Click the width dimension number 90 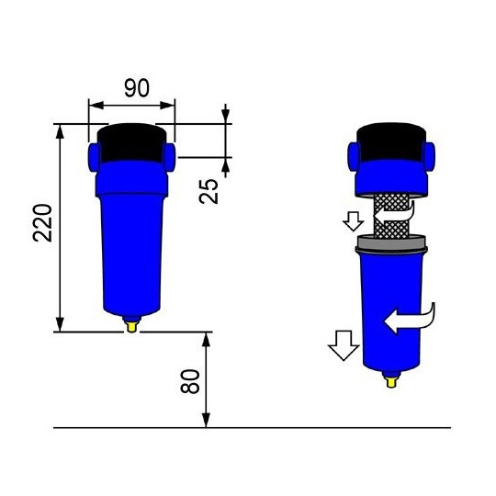[x=136, y=88]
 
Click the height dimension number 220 [x=42, y=222]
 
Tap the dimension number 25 [x=210, y=190]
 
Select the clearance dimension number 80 [x=190, y=381]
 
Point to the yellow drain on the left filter [x=132, y=323]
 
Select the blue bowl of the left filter [x=131, y=248]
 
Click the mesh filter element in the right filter [x=391, y=217]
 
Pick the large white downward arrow [x=344, y=345]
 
